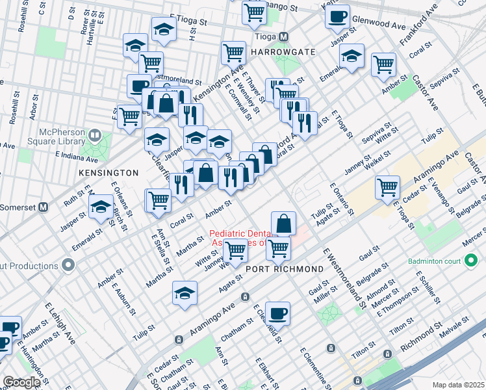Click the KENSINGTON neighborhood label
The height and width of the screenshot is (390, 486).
pyautogui.click(x=109, y=173)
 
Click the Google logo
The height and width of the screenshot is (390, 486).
pyautogui.click(x=21, y=382)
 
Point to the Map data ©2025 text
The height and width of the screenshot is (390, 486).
pyautogui.click(x=457, y=384)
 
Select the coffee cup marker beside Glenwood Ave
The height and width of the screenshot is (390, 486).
pyautogui.click(x=337, y=17)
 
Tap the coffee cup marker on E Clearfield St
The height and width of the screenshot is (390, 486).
pyautogui.click(x=277, y=314)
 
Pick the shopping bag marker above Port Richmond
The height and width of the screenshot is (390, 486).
pyautogui.click(x=283, y=224)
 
